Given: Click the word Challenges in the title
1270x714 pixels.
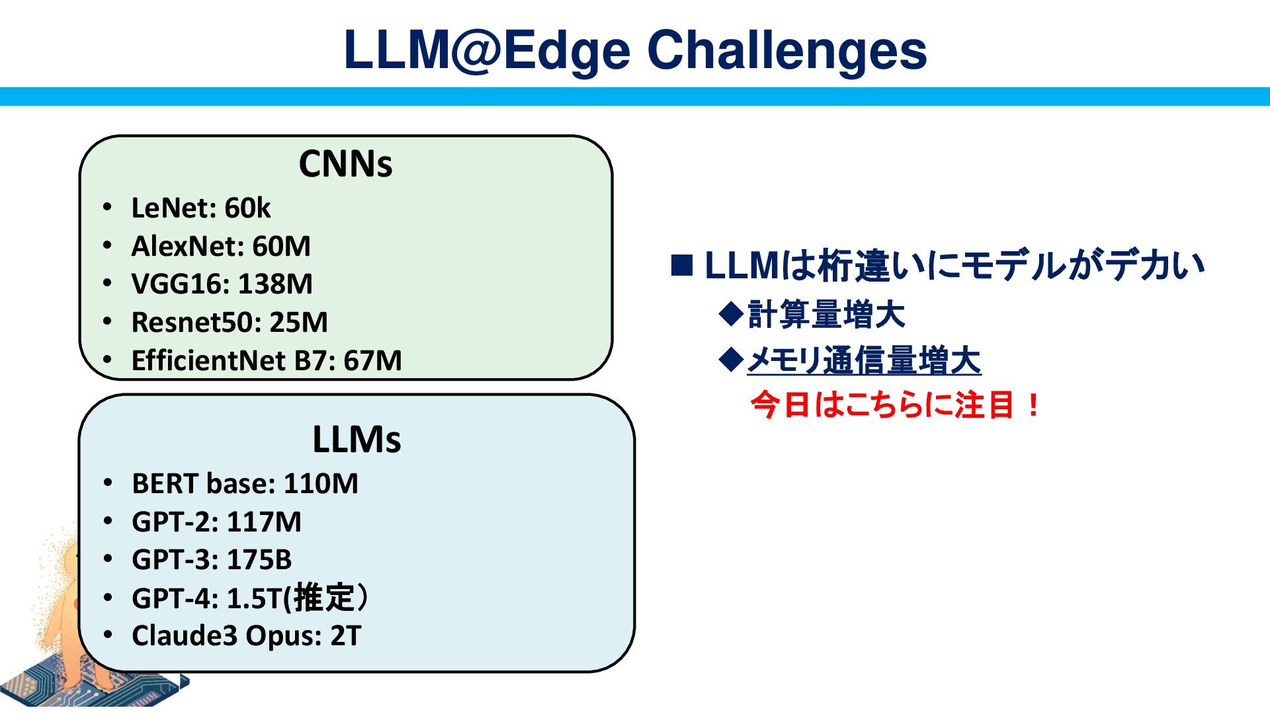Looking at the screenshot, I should pyautogui.click(x=786, y=51).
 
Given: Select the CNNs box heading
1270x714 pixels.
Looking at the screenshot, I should pyautogui.click(x=345, y=164).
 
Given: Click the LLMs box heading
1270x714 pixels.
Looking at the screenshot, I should pyautogui.click(x=357, y=439).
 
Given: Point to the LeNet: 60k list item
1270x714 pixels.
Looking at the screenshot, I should pyautogui.click(x=200, y=208).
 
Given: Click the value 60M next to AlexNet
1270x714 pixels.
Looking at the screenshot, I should pyautogui.click(x=281, y=247).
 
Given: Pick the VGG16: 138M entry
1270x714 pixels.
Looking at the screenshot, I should pyautogui.click(x=222, y=284).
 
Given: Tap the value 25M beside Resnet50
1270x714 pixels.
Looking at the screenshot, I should pyautogui.click(x=298, y=323).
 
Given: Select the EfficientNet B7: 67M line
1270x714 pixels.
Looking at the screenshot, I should pyautogui.click(x=266, y=361).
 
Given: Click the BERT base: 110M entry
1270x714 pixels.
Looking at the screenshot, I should pyautogui.click(x=245, y=484).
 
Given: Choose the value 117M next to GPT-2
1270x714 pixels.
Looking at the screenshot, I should pyautogui.click(x=264, y=522).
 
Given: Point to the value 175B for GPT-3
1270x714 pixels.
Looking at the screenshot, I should pyautogui.click(x=259, y=560).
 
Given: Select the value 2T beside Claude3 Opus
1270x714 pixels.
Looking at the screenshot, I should pyautogui.click(x=345, y=636).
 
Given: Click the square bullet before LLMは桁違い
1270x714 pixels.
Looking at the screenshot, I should pyautogui.click(x=682, y=265).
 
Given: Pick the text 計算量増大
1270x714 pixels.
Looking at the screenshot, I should pyautogui.click(x=825, y=314).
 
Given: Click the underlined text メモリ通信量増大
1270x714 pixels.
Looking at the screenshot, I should pyautogui.click(x=863, y=361).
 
